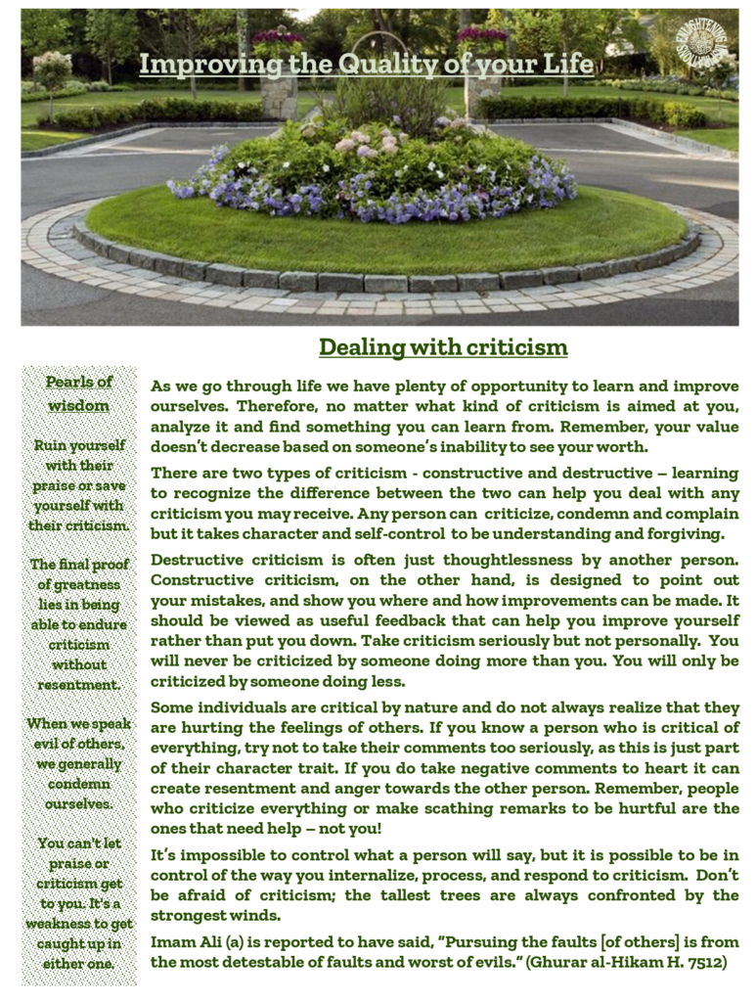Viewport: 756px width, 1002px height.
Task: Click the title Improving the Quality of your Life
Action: point(366,65)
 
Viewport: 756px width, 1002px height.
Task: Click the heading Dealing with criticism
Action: point(443,347)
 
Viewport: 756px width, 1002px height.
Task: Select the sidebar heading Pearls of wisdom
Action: point(79,392)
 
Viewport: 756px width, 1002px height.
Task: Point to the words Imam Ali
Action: point(185,941)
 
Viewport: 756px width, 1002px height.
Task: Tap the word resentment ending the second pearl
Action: point(79,684)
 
